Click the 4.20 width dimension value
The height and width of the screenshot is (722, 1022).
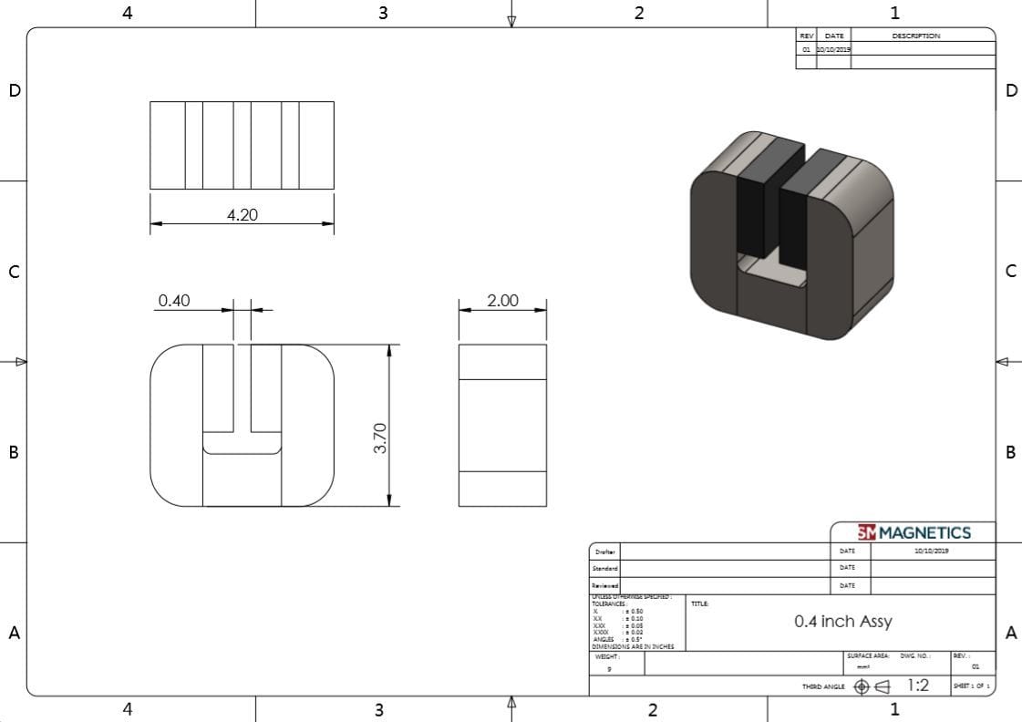[x=242, y=215]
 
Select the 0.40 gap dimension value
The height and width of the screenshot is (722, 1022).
[x=173, y=301]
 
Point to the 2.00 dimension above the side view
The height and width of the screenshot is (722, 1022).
[x=502, y=301]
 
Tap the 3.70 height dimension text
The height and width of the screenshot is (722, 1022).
[x=382, y=438]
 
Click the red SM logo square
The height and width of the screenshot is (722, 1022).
[x=866, y=532]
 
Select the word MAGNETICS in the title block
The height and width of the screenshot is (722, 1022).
[x=924, y=532]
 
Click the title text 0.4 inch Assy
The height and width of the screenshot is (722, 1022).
[x=842, y=622]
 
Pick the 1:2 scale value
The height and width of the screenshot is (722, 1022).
[x=917, y=686]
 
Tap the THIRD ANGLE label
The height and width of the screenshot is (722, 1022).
[x=823, y=686]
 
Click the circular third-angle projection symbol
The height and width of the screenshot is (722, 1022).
[x=862, y=686]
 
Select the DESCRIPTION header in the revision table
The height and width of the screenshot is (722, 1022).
[x=915, y=36]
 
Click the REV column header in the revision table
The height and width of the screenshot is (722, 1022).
[x=806, y=36]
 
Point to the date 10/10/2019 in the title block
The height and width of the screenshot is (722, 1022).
[x=931, y=552]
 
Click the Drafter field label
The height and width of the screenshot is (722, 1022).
[x=604, y=552]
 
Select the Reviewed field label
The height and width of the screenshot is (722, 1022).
[x=605, y=585]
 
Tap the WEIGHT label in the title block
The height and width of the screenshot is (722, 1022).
[x=606, y=656]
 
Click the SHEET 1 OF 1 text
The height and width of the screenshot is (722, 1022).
[x=971, y=686]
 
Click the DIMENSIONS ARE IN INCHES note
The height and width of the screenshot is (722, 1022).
[x=633, y=646]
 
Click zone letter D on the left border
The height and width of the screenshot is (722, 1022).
[x=14, y=90]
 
